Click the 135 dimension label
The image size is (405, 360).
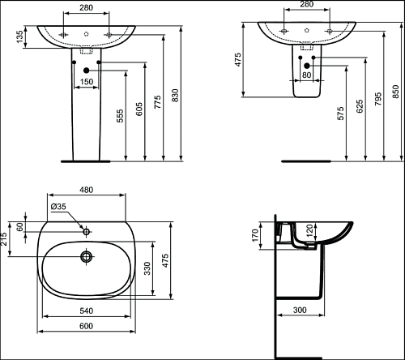click(20, 36)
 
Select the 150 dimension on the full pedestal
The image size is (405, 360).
click(87, 81)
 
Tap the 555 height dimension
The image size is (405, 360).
click(120, 116)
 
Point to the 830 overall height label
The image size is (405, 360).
click(175, 95)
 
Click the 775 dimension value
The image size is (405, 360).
click(157, 102)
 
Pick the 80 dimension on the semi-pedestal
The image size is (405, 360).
click(307, 75)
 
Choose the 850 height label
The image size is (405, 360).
click(395, 92)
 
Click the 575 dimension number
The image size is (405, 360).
click(341, 114)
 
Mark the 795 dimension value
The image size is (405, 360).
click(378, 99)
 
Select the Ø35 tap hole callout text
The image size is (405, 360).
click(58, 207)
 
